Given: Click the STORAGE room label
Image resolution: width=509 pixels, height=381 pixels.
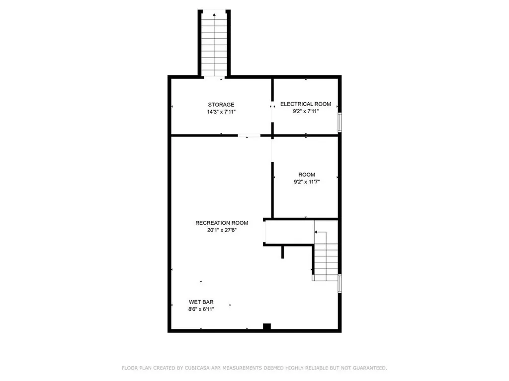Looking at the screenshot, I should (221, 105).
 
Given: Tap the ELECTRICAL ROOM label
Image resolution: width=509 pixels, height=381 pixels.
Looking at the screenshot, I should (305, 104).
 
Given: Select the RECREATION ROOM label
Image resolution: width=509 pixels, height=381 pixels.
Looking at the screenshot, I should (222, 223).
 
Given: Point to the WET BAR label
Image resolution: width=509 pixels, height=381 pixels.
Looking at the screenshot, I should (198, 302).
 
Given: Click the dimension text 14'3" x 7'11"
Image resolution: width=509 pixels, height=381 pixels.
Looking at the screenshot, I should (221, 112).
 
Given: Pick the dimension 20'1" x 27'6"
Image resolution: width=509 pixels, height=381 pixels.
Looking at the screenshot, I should (222, 230).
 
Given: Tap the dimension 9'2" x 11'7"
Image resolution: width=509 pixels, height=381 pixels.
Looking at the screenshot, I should (306, 182).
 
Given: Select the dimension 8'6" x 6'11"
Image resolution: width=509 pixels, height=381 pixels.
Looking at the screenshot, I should (198, 309).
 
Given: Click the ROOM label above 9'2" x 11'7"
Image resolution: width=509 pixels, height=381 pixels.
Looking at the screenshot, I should (306, 175).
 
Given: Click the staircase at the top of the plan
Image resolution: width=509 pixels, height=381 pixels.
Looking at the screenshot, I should (214, 45).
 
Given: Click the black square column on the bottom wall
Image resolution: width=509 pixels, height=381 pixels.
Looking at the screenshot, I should (267, 327).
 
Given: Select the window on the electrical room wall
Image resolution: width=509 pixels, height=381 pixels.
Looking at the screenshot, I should (340, 122).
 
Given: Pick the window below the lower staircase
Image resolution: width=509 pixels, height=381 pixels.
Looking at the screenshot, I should (340, 283).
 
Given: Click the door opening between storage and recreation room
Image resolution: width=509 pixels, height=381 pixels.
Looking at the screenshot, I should (249, 135).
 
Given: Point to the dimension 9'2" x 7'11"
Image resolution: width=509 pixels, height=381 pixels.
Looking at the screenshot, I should (305, 112).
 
